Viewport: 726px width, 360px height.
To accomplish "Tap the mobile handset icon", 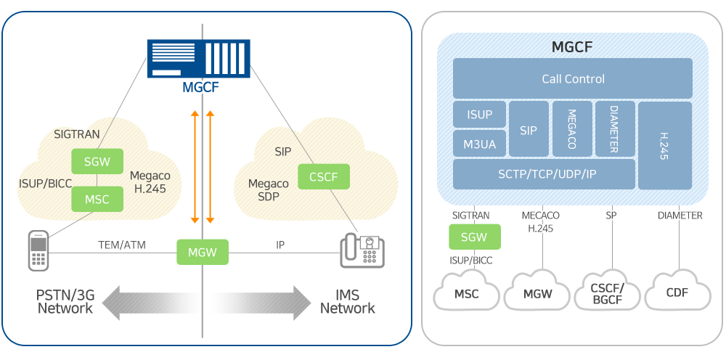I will pos(38,250).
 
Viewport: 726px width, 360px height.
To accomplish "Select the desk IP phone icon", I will pos(362,252).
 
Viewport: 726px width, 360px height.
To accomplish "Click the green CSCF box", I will pos(323,176).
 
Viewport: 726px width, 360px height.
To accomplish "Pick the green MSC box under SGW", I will pos(97,200).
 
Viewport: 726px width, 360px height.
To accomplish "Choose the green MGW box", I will pos(203,252).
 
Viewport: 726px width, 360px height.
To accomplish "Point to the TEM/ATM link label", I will pos(122,245).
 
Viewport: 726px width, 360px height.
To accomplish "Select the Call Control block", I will pos(573,78).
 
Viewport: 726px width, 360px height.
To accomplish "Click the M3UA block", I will pos(479,144).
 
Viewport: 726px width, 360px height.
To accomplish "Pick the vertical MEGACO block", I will pos(572,128).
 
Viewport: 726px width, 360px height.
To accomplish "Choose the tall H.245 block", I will pos(664,145).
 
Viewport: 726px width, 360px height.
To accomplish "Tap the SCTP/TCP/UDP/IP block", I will pos(544,174).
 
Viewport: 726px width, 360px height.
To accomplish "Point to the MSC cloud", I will pos(466,294).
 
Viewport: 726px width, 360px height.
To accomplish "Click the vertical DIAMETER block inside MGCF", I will pos(614,128).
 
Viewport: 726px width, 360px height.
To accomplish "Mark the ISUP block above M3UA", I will pos(479,115).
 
